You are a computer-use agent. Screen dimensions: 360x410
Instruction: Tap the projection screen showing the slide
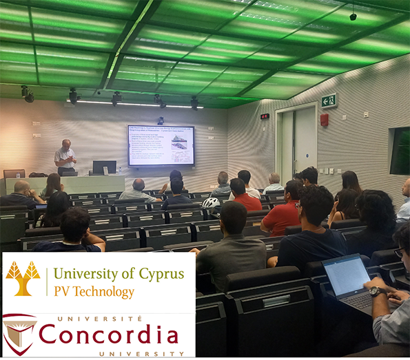(161, 145)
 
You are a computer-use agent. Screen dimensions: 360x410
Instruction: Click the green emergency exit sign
(329, 100)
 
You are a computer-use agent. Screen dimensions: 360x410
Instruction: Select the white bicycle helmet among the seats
(210, 203)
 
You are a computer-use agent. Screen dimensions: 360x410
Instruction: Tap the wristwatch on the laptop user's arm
(375, 291)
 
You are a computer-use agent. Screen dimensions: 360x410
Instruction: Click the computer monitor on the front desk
(104, 167)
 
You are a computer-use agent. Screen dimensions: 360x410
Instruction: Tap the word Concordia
(108, 334)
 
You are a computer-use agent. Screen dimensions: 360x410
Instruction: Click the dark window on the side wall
(400, 151)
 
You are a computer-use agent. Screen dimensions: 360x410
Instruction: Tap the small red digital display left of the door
(265, 116)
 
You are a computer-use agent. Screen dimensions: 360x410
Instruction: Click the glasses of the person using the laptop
(400, 253)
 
